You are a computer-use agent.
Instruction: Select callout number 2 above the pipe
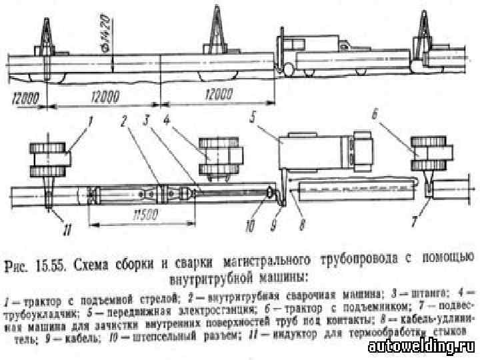tap(123, 121)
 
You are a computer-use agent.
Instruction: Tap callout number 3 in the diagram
tap(144, 121)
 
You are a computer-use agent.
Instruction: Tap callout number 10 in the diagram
tap(249, 225)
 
